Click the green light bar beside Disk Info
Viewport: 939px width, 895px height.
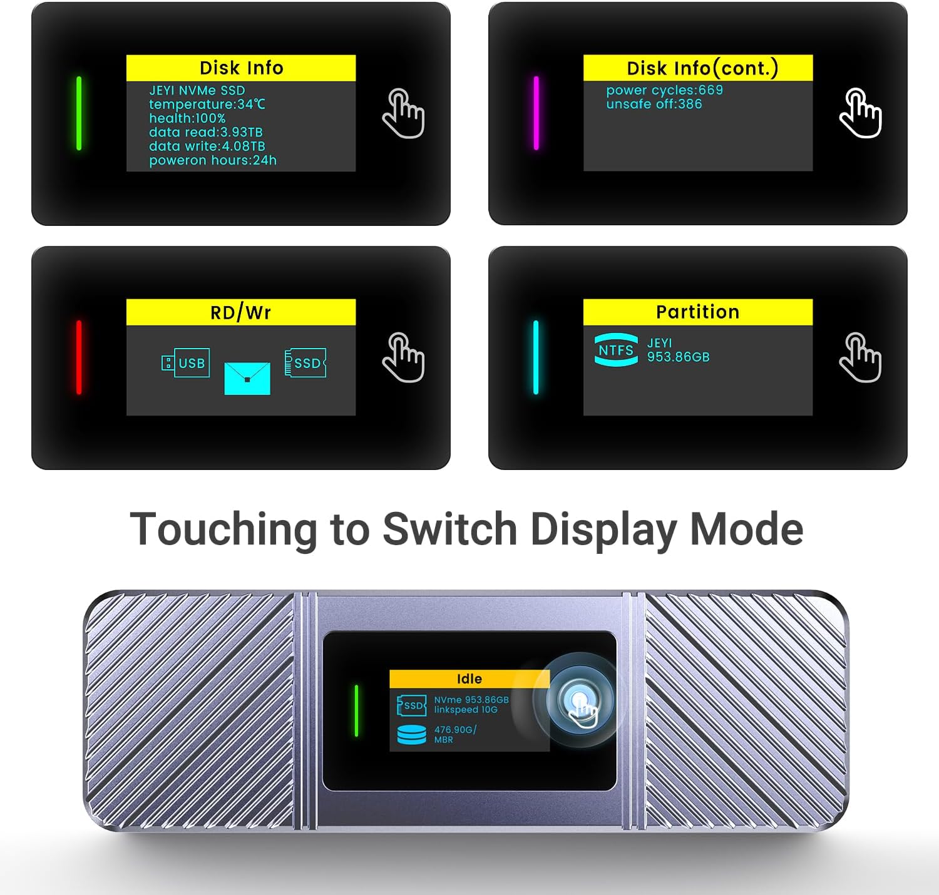(79, 113)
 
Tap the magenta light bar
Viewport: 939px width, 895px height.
(536, 113)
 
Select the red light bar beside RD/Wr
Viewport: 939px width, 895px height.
(79, 357)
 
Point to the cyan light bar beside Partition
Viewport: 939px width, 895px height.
(536, 357)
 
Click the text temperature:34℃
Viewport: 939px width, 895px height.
(207, 105)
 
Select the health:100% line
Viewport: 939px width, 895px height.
(187, 118)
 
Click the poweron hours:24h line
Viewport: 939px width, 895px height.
(213, 160)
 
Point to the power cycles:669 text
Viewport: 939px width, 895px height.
(664, 90)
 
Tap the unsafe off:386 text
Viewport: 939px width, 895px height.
(654, 104)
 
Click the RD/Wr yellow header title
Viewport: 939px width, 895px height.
(241, 312)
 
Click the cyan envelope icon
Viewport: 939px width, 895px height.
(247, 378)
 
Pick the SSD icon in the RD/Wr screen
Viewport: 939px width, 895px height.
(305, 363)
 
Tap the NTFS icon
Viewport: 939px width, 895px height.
(616, 350)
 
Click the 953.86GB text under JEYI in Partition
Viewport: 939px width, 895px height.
(678, 357)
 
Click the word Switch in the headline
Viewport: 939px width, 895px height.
(449, 529)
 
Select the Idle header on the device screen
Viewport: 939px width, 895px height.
(469, 679)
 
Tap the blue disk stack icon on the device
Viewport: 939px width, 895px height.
(411, 734)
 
